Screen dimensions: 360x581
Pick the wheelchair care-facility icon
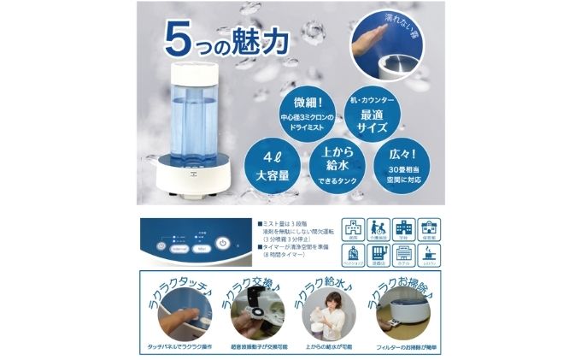click(x=377, y=230)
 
